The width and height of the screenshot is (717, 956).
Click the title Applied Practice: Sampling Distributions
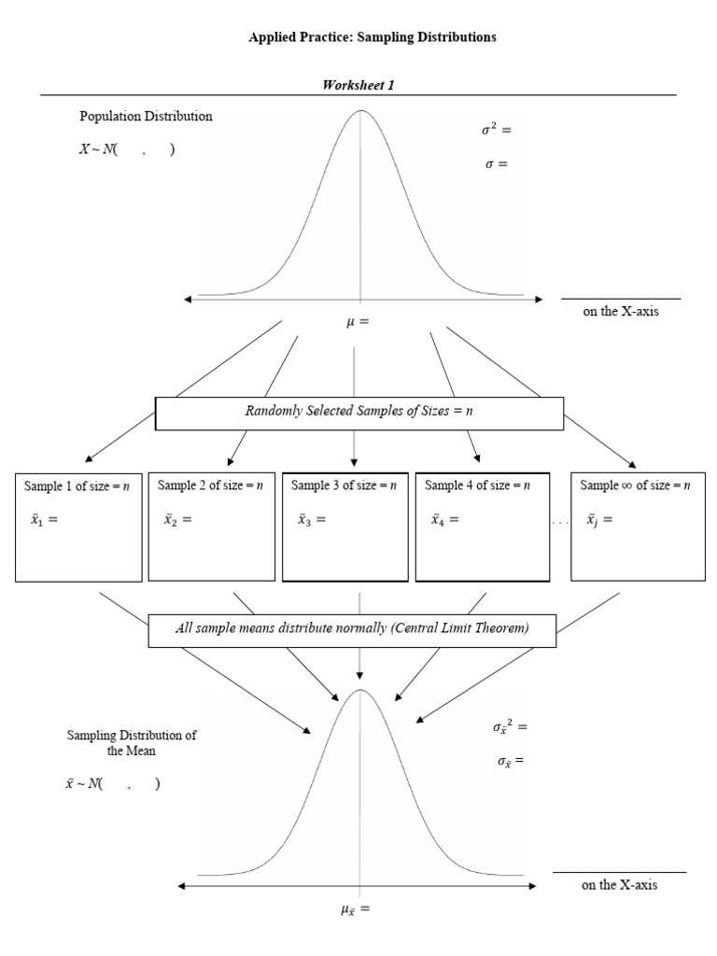(372, 37)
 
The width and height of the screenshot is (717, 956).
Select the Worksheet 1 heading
(358, 85)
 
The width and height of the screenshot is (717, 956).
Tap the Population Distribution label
(146, 117)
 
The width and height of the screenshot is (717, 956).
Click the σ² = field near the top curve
(496, 130)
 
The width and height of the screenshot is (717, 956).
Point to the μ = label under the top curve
(358, 322)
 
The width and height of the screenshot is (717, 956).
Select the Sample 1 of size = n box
(78, 527)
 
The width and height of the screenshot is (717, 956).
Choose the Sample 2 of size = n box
(211, 527)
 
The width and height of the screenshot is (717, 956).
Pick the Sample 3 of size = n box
(344, 527)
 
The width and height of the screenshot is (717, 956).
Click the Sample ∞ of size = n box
(637, 527)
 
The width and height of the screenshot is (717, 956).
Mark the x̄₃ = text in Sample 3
(312, 521)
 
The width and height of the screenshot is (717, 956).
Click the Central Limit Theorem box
(352, 629)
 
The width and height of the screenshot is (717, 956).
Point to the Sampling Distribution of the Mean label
(132, 742)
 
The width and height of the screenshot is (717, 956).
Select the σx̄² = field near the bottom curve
(510, 726)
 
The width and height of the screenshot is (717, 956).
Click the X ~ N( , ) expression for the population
(127, 150)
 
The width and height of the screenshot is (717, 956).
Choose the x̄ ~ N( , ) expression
(112, 784)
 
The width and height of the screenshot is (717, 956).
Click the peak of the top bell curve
(360, 111)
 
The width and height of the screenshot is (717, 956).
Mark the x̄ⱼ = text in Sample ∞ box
(599, 521)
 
